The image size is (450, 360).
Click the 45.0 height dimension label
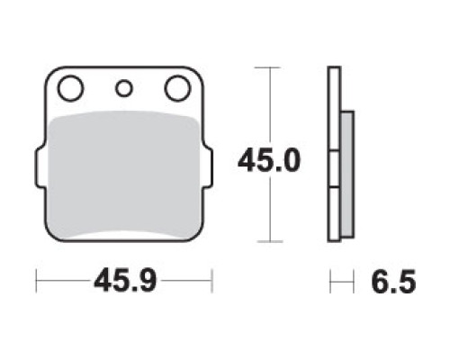point(269,161)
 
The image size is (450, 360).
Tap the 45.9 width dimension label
point(125,281)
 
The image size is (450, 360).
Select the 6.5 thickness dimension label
point(393,282)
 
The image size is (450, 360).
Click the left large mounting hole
point(71,88)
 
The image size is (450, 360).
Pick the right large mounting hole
point(177,88)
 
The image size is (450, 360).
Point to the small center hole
point(124,88)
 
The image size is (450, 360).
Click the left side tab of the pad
point(40,168)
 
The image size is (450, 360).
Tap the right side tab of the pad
point(209,168)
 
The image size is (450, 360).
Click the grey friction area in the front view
point(124,174)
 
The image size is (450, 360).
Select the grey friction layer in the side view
point(347,175)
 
